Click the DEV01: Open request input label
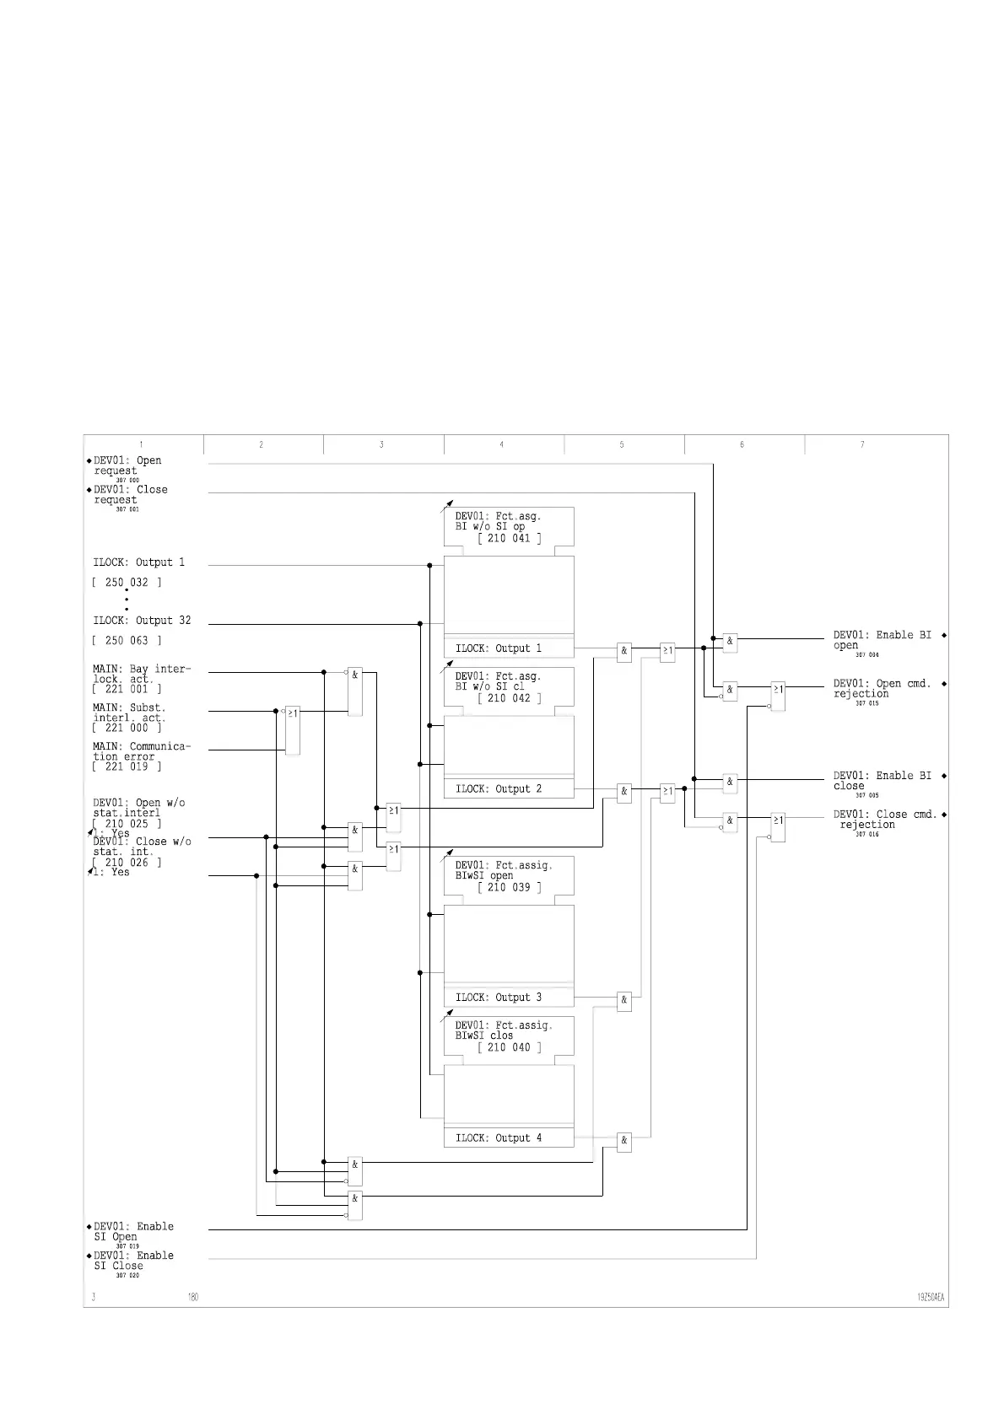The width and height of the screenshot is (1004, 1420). click(x=127, y=465)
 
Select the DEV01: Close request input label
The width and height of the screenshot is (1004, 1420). click(x=130, y=494)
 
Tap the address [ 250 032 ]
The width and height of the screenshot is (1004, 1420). click(x=127, y=583)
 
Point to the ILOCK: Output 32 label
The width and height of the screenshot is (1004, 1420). click(x=142, y=621)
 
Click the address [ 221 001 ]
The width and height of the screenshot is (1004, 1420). click(x=127, y=689)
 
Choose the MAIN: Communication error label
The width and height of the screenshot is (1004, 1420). click(x=142, y=751)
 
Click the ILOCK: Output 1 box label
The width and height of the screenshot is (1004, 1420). click(x=499, y=648)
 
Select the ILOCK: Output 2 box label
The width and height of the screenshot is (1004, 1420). click(x=499, y=789)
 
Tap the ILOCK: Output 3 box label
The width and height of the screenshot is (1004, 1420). click(x=499, y=998)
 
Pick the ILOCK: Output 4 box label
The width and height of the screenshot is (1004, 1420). click(x=499, y=1138)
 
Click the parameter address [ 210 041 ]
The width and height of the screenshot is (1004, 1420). click(x=510, y=538)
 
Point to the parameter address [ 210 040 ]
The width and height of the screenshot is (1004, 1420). click(x=510, y=1047)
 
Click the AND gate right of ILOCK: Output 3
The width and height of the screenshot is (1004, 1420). click(x=624, y=1001)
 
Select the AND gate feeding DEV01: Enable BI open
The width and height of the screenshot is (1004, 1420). click(x=730, y=642)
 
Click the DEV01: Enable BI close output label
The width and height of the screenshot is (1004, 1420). click(x=883, y=781)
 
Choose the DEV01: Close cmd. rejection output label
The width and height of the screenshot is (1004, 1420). click(x=885, y=820)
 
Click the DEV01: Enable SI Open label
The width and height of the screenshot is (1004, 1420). click(x=133, y=1232)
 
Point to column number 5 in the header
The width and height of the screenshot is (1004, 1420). click(x=622, y=444)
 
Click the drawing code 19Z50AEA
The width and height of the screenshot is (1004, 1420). click(x=931, y=1298)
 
